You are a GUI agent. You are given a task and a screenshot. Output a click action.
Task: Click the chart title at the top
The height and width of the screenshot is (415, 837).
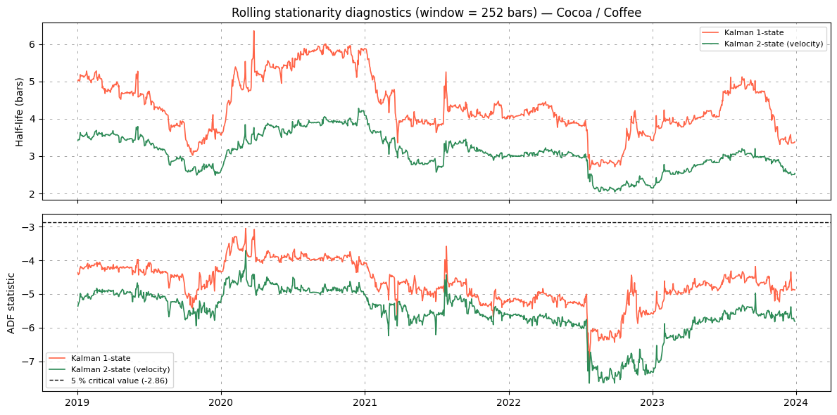click(x=436, y=13)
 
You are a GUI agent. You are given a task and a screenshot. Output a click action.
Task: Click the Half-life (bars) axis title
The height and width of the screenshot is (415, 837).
click(x=19, y=111)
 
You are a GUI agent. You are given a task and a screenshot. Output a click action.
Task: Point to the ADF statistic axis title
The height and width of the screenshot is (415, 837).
click(x=11, y=303)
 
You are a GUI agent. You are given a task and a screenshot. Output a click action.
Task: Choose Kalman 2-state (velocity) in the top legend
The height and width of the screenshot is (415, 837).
click(x=775, y=44)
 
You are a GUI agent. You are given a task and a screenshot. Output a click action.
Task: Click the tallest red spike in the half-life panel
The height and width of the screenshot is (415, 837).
click(x=253, y=32)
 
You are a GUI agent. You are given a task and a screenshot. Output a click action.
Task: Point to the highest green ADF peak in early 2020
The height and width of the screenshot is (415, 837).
click(x=246, y=250)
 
